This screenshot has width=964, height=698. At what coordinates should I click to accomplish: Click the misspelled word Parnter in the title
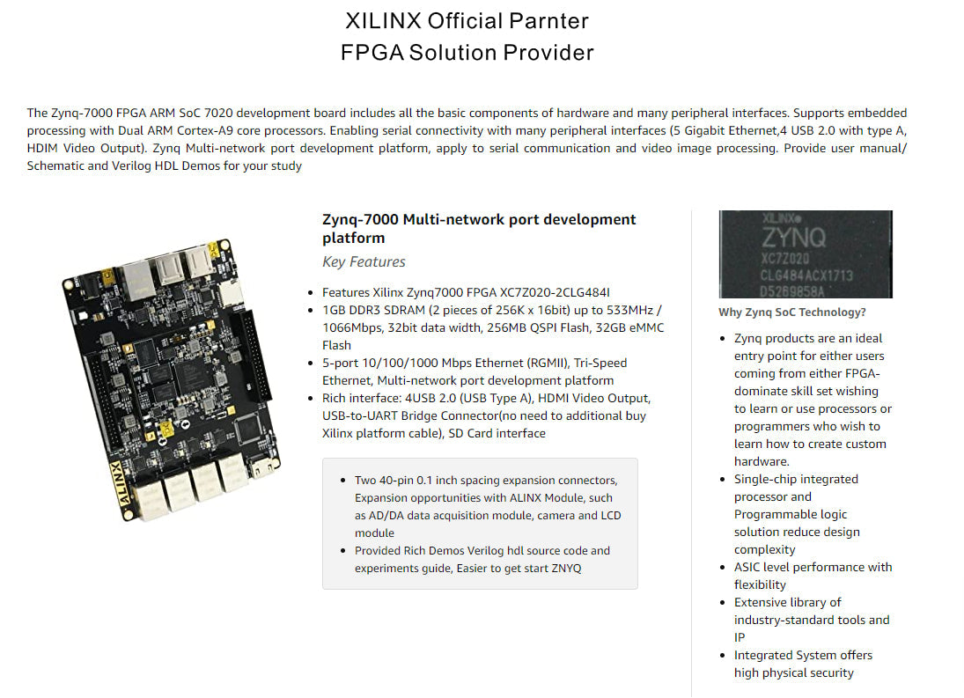[548, 21]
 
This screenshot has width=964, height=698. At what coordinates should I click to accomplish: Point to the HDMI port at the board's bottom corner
[264, 467]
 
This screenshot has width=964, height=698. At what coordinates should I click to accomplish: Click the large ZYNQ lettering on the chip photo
[794, 237]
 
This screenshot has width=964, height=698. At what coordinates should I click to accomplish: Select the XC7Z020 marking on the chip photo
[785, 259]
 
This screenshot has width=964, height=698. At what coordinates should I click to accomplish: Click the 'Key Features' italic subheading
[364, 261]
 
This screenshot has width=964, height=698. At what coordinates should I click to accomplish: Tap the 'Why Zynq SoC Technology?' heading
[791, 312]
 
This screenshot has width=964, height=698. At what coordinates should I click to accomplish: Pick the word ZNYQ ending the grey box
[566, 569]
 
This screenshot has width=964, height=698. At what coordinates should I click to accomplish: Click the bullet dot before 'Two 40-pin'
[342, 481]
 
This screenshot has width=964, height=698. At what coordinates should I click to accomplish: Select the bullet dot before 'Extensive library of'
[723, 603]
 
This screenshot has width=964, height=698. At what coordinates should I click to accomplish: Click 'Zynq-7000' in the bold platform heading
[361, 220]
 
